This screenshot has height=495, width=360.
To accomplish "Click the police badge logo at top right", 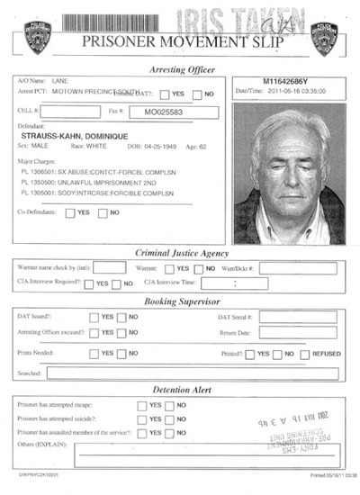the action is point(323,39).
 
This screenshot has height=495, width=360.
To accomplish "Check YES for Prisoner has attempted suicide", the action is point(142,419).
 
